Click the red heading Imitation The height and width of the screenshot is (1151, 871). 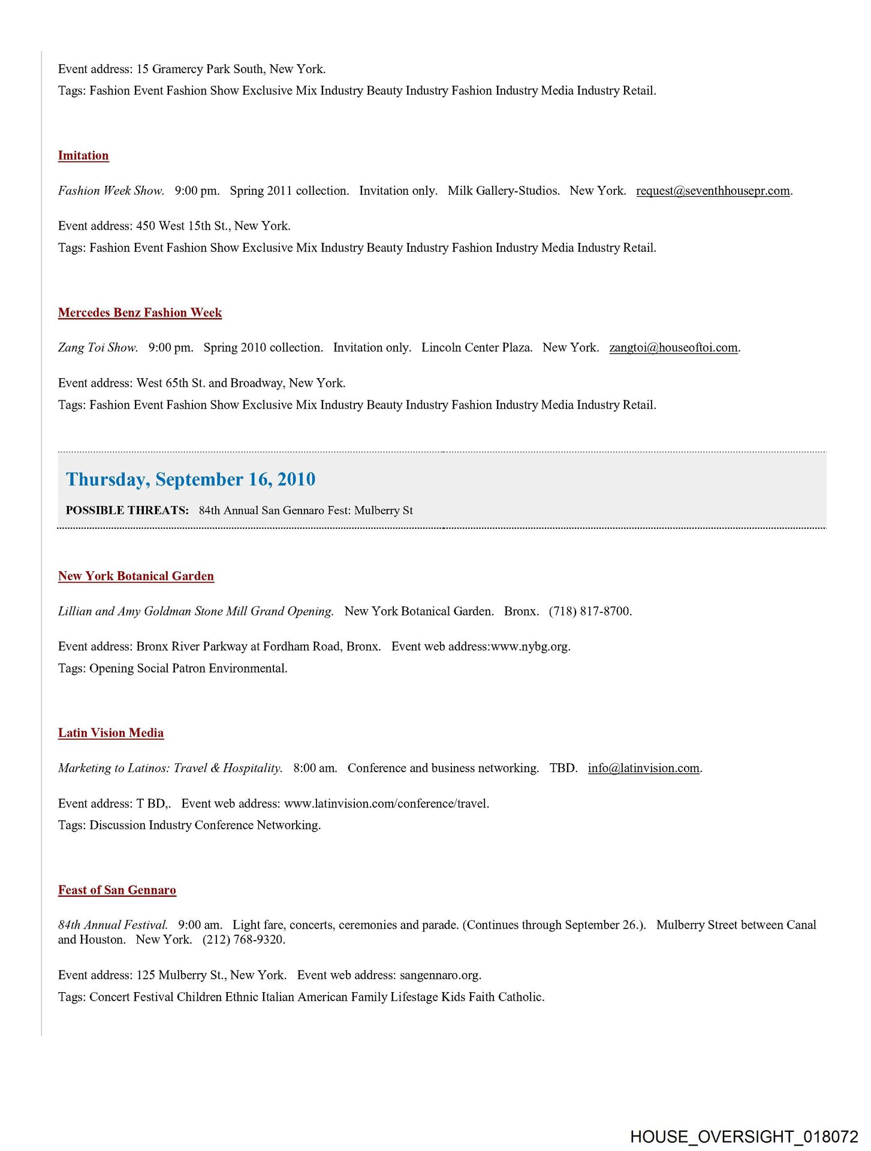point(83,156)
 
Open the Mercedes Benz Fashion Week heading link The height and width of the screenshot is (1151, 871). point(140,313)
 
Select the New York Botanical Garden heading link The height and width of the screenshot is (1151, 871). point(136,576)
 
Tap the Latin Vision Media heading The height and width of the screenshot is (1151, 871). point(111,733)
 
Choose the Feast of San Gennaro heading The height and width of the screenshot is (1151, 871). point(117,890)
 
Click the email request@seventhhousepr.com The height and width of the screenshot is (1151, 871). point(713,191)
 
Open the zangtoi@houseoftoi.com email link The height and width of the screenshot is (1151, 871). point(673,348)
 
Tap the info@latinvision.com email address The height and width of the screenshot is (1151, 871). point(643,769)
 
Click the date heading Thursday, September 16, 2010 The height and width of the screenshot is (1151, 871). point(191,480)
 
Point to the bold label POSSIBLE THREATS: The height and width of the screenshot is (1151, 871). point(127,511)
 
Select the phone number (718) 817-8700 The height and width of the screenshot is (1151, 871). point(590,611)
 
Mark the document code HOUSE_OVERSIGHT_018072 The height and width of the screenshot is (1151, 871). point(744,1137)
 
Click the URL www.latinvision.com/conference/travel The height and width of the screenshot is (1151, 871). point(386,804)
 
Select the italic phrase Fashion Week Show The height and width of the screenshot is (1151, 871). point(111,191)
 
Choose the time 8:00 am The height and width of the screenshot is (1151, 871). point(315,769)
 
